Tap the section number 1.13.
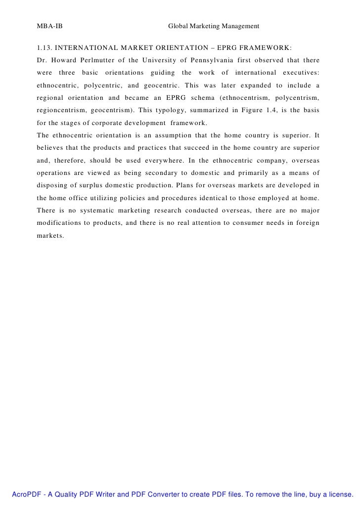44,48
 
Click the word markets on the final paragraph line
50,235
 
